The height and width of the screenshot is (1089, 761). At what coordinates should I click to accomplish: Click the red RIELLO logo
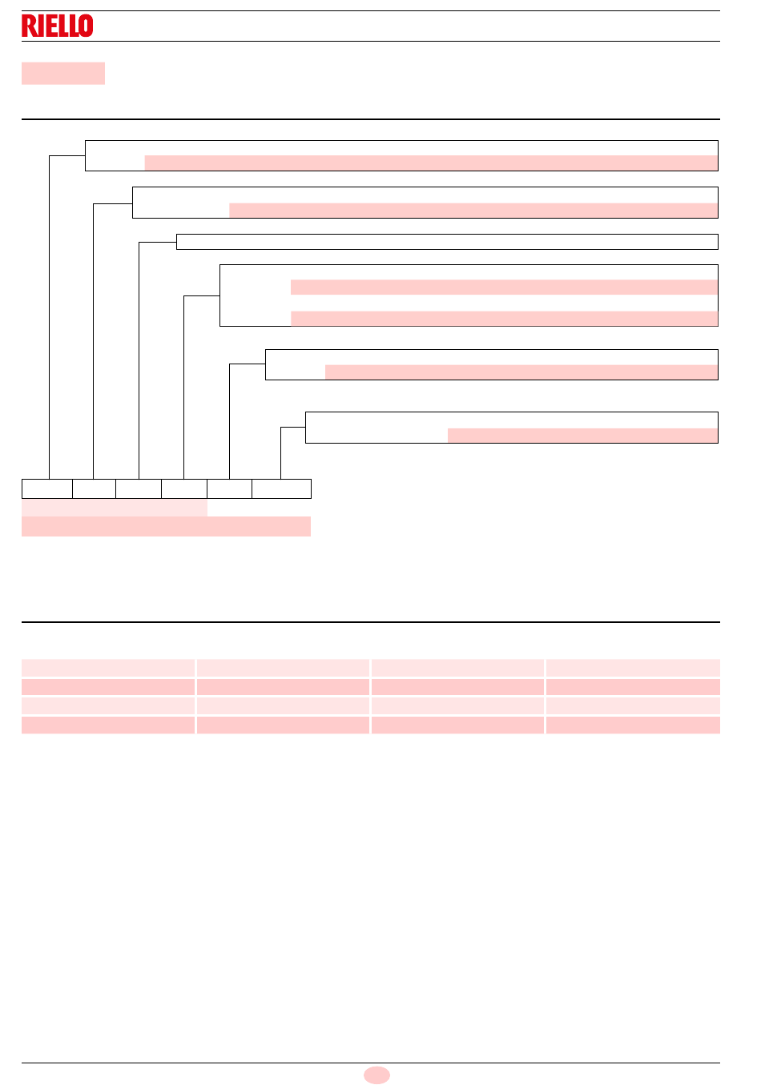(58, 26)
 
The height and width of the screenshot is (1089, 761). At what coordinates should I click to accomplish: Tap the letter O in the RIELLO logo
(86, 26)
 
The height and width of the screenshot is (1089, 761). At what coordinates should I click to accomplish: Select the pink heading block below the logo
(63, 74)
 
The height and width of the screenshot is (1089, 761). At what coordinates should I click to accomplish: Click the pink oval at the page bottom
(376, 1075)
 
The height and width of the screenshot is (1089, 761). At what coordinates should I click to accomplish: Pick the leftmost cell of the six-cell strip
(47, 488)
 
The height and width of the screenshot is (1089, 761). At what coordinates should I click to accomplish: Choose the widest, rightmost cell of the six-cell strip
(281, 488)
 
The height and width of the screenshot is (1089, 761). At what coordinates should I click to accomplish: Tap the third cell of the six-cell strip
(139, 488)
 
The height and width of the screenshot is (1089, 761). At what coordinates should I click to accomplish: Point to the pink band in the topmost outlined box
(431, 163)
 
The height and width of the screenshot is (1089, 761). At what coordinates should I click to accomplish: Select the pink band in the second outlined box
(473, 210)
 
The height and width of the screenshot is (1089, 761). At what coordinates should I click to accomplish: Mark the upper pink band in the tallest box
(504, 287)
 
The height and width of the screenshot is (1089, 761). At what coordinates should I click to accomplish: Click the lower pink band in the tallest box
(504, 319)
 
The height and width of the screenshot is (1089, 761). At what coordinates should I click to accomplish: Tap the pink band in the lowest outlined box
(582, 435)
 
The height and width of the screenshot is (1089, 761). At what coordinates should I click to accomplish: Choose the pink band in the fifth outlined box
(521, 372)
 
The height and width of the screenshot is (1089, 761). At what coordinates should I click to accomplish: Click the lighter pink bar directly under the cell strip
(115, 508)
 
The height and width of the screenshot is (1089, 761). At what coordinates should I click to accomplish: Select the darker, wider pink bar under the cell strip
(167, 527)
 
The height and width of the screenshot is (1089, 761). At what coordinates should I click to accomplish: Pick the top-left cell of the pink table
(108, 668)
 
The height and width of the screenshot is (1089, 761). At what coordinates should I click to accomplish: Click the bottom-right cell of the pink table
(633, 725)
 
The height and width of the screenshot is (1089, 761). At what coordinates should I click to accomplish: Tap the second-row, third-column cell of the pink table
(457, 687)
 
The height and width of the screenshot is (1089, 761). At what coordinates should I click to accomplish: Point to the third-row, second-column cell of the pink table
(283, 706)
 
